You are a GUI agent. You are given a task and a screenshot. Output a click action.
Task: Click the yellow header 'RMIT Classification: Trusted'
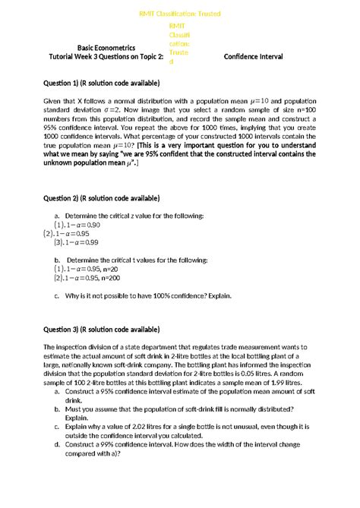tap(180, 14)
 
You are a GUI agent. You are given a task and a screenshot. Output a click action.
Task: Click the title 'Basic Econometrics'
tap(102, 48)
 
